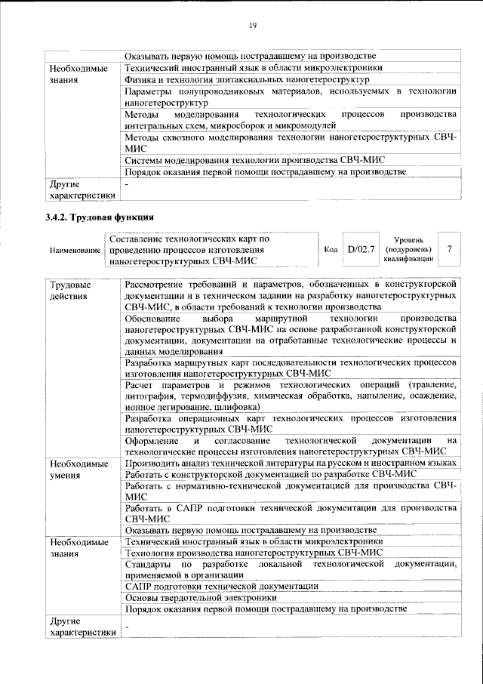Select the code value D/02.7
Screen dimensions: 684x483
(x=360, y=249)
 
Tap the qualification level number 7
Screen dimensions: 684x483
(x=450, y=248)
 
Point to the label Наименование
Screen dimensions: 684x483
(x=75, y=250)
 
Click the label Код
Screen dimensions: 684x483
(x=331, y=249)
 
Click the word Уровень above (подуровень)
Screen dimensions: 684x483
(x=408, y=239)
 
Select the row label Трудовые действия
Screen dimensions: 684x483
(x=69, y=290)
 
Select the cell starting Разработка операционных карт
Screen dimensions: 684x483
(x=291, y=424)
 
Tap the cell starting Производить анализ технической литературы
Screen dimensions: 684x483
(x=291, y=462)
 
